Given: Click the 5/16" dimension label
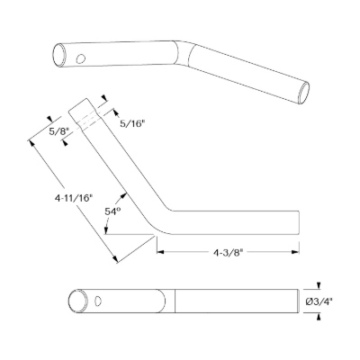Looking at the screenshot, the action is click(x=132, y=124).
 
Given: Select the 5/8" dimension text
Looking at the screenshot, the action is click(x=58, y=130).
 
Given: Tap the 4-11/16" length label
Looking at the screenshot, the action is click(x=73, y=198).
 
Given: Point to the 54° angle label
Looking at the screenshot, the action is click(x=112, y=211).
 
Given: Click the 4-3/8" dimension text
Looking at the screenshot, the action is click(x=228, y=253).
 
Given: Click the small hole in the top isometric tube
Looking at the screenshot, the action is click(x=81, y=58).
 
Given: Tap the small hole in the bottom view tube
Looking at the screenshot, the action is click(x=98, y=301).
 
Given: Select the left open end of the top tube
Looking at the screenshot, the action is click(x=59, y=56).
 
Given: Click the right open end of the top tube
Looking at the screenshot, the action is click(x=304, y=93).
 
